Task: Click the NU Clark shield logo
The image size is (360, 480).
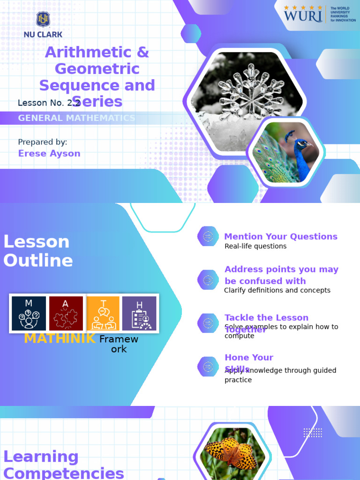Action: point(43,20)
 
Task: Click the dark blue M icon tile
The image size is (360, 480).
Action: point(29,313)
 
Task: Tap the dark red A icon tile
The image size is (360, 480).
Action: point(66,313)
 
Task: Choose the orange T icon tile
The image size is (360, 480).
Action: point(103,313)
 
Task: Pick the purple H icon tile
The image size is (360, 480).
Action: point(139,313)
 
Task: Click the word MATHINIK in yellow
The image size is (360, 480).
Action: point(60,338)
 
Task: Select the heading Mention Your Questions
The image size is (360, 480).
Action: point(281,237)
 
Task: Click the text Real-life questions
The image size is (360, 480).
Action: point(255,247)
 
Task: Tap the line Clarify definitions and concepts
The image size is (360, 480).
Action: point(277,291)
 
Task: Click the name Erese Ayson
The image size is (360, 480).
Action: point(49,153)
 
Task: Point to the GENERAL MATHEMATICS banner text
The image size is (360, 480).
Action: point(76,118)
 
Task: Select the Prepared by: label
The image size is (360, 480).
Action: point(43,142)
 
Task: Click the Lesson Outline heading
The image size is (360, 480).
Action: point(38,251)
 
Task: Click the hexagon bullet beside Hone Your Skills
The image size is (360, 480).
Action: point(208,367)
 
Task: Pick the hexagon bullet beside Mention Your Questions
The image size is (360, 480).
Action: point(208,236)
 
